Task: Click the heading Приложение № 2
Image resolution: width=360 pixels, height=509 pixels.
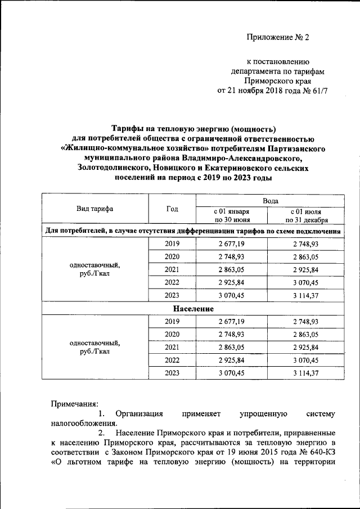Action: pos(278,38)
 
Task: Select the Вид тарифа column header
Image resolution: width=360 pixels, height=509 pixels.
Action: pos(94,209)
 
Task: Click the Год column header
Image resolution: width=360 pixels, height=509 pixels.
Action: pos(172,209)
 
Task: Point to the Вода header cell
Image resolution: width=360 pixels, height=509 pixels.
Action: pos(270,200)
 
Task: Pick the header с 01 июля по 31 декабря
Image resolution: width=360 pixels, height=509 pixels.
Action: pos(306,215)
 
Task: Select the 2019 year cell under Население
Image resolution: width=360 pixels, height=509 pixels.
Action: pos(172,322)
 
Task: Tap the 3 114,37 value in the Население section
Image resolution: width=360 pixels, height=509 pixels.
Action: pos(306,373)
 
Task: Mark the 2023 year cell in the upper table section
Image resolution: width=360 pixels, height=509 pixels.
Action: pos(172,296)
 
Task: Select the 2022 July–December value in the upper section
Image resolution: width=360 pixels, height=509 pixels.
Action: pos(306,283)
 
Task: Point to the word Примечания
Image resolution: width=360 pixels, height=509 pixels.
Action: pos(74,403)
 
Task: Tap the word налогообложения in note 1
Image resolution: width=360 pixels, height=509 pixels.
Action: pos(84,424)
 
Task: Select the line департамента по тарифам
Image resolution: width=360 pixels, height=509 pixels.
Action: pos(278,71)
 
